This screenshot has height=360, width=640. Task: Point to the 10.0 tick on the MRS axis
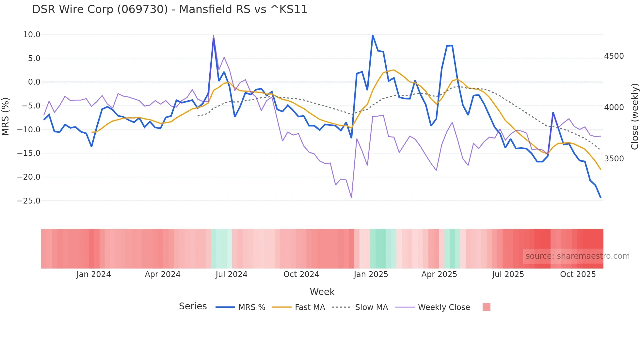[32, 35]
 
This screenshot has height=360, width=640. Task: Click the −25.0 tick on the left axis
[29, 201]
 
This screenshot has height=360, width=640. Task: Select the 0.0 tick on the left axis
[34, 82]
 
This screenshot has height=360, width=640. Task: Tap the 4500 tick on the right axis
[614, 56]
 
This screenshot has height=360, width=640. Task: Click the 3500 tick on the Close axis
[614, 159]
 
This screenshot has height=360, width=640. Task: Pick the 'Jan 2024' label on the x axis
[94, 274]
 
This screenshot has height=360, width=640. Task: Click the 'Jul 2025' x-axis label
[508, 274]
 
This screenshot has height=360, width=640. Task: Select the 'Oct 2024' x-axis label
[301, 274]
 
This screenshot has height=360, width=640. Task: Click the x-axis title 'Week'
[322, 292]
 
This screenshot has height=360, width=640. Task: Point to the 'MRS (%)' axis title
[6, 117]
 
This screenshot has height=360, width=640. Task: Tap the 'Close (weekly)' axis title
[634, 117]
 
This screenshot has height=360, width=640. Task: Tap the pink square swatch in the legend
[486, 307]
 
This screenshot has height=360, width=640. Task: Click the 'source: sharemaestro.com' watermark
[577, 256]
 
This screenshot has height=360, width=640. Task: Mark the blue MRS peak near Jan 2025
[373, 35]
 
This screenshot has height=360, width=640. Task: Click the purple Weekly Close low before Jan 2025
[351, 198]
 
